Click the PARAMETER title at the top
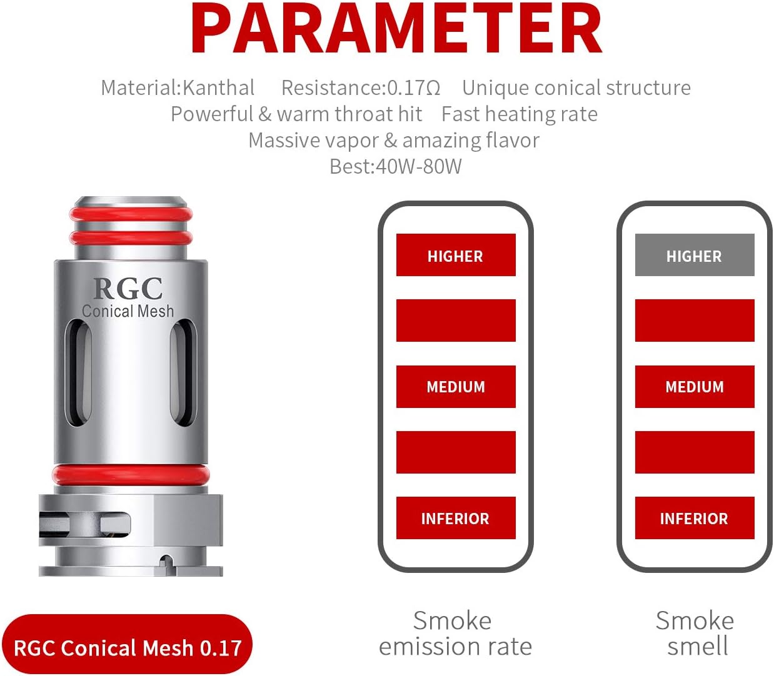tap(396, 29)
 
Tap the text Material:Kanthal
tap(178, 88)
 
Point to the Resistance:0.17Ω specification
tap(361, 88)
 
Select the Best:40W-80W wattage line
tap(395, 167)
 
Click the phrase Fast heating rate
tap(519, 114)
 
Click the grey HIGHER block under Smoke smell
tap(694, 255)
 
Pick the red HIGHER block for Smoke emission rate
tap(455, 255)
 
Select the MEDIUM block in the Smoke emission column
tap(455, 387)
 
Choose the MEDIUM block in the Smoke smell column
tap(694, 387)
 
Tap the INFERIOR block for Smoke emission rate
tap(455, 518)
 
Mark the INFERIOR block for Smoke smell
tap(694, 518)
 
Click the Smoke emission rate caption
tap(455, 634)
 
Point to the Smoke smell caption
tap(695, 634)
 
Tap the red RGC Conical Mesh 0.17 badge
tap(127, 647)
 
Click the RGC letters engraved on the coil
tap(128, 288)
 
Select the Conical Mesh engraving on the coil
tap(128, 311)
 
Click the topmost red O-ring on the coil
tap(131, 215)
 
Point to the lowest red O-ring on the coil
tap(130, 474)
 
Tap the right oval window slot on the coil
tap(183, 373)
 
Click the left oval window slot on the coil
tap(79, 373)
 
